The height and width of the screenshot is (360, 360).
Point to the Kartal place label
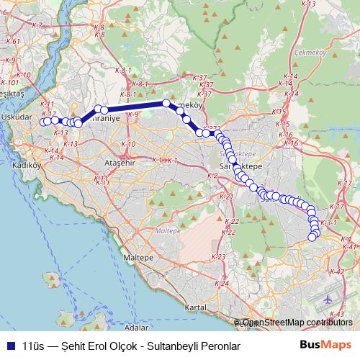[x=196, y=307]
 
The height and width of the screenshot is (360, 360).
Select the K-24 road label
[x=222, y=283]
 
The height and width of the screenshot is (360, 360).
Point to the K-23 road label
[x=219, y=257]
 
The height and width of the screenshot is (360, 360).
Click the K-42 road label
[x=336, y=272]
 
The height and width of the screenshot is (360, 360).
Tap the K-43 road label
[x=336, y=315]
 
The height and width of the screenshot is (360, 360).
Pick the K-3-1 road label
[x=328, y=223]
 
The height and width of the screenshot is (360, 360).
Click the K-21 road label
[x=225, y=197]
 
